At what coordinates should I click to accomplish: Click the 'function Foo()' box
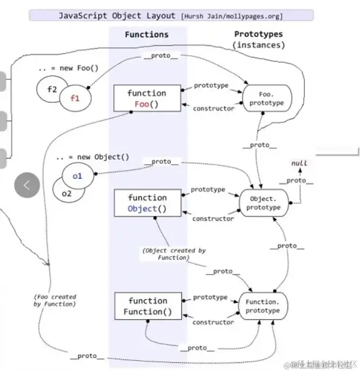[x=147, y=98]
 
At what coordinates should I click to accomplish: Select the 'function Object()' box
[x=147, y=203]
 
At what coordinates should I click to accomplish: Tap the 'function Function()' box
[x=147, y=306]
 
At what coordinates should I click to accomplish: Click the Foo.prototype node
[x=264, y=98]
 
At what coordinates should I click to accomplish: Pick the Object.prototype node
[x=264, y=203]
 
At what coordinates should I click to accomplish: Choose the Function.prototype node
[x=263, y=306]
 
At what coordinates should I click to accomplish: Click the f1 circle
[x=75, y=98]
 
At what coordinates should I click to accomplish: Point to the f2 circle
[x=50, y=89]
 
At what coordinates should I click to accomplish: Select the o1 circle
[x=76, y=176]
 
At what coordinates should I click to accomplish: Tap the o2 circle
[x=66, y=194]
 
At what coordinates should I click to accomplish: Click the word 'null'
[x=299, y=163]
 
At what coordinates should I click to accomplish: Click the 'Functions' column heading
[x=147, y=35]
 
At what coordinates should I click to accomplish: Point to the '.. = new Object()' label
[x=92, y=157]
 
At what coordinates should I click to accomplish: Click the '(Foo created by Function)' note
[x=55, y=300]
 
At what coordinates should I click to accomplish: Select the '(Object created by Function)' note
[x=173, y=254]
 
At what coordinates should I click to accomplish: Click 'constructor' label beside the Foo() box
[x=213, y=109]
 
